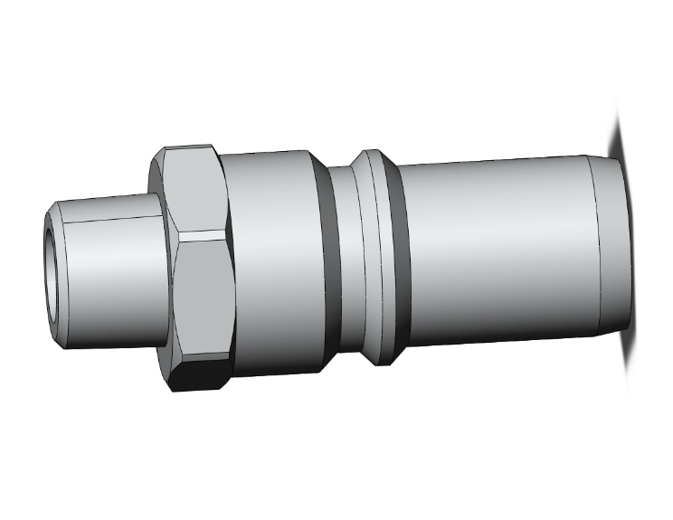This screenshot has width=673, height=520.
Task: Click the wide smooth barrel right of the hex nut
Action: [271, 262]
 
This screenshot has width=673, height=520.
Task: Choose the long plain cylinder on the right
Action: [498, 253]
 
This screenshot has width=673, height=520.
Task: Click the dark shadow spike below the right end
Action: [627, 357]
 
